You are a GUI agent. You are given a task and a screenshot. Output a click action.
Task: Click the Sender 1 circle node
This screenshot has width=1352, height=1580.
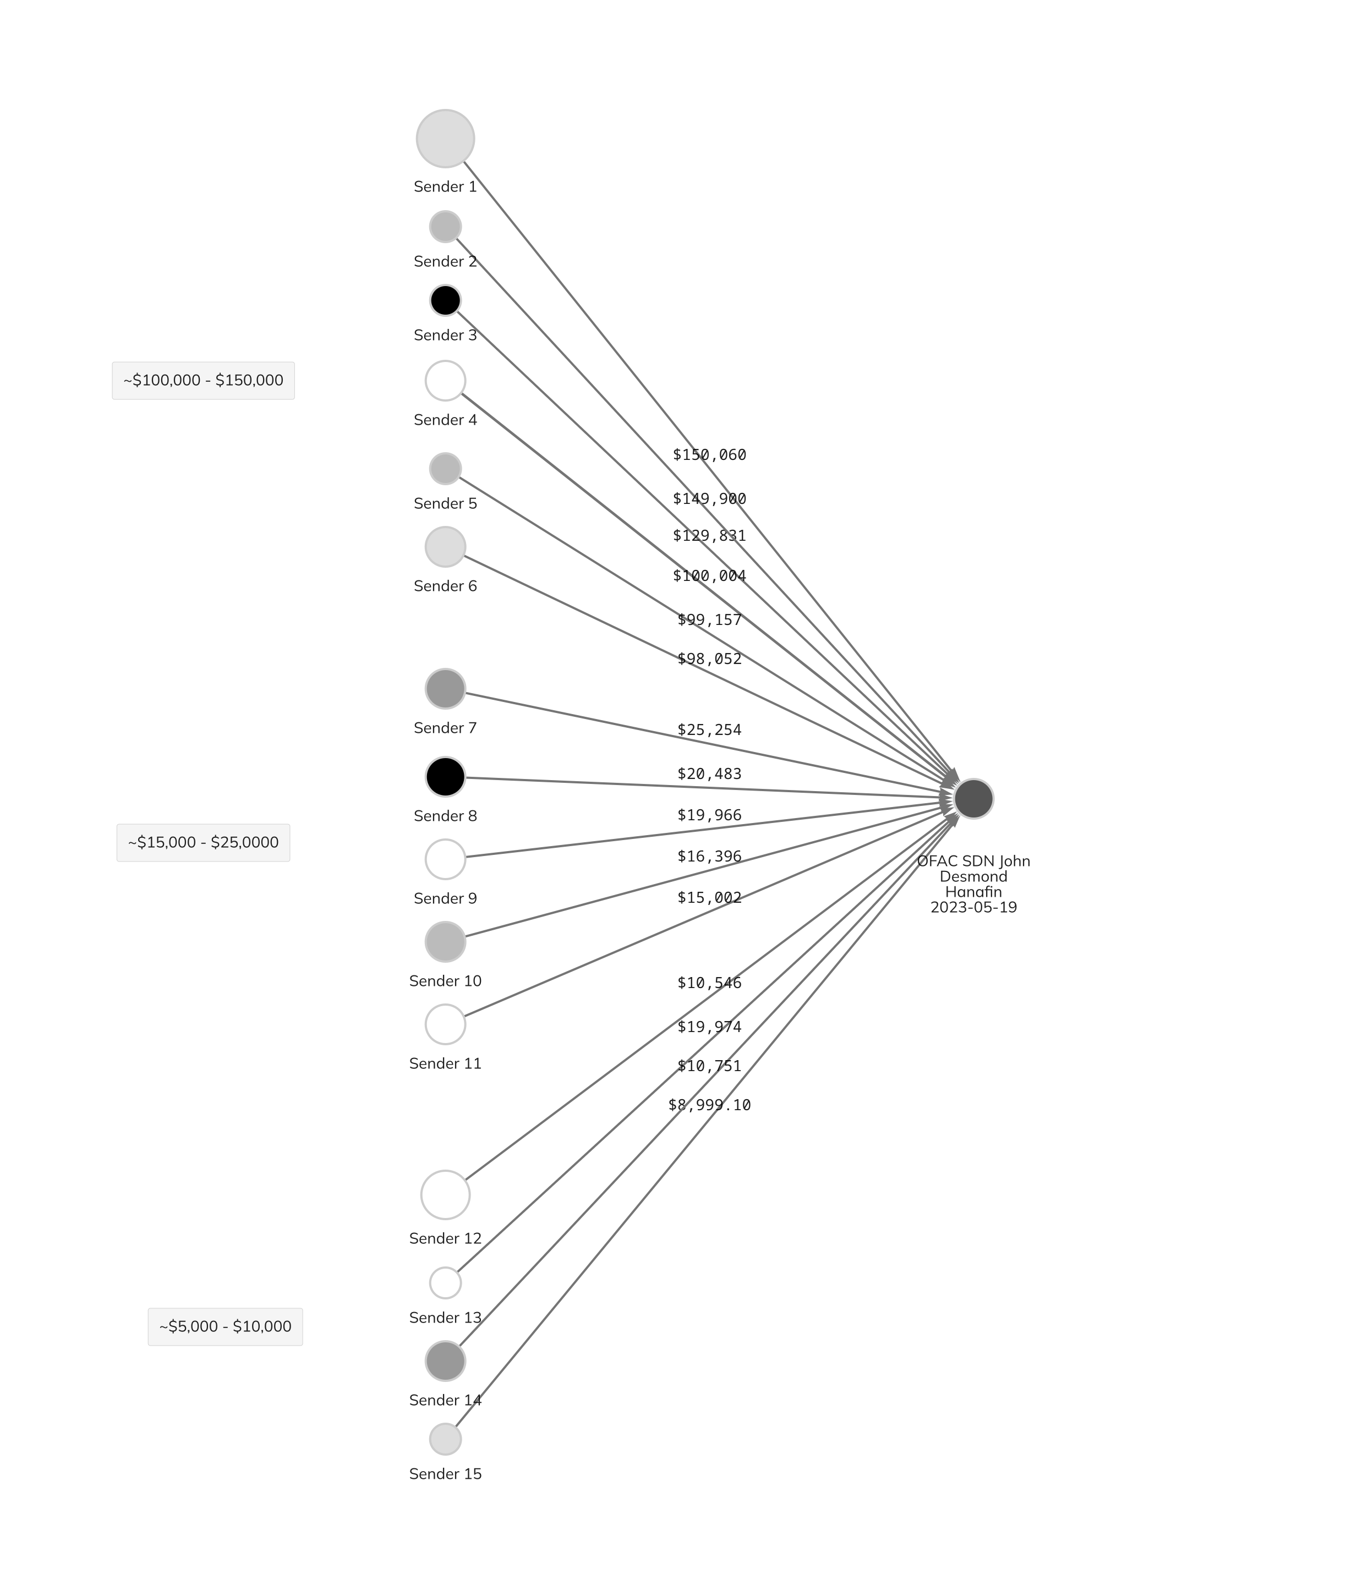coord(445,139)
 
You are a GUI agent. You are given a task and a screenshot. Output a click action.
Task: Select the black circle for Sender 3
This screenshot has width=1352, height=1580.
coord(445,300)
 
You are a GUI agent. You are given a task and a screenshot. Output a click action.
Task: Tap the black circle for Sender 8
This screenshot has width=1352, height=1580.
coord(445,777)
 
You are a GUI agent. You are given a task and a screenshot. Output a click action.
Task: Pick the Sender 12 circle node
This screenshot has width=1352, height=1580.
coord(445,1195)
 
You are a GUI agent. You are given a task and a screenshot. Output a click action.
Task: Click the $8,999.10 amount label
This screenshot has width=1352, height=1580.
coord(709,1105)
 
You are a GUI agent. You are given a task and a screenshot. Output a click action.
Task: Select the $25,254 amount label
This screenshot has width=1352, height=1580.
coord(709,729)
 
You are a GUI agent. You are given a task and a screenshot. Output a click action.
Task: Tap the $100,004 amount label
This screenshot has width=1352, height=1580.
coord(709,576)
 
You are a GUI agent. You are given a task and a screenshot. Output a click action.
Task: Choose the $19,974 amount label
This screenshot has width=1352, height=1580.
coord(709,1027)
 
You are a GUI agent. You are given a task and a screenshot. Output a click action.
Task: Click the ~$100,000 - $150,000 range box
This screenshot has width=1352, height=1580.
coord(204,381)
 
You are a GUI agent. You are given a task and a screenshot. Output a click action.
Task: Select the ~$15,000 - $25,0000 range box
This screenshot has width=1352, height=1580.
coord(204,843)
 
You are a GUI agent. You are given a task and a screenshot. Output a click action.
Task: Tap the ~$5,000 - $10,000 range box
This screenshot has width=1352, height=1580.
coord(225,1327)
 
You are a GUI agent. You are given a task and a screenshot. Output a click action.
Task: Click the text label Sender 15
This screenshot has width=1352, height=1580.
coord(445,1474)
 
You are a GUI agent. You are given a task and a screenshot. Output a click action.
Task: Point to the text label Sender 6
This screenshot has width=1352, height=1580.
coord(445,586)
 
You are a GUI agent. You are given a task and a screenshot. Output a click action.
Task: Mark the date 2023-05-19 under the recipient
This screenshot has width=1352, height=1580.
coord(974,907)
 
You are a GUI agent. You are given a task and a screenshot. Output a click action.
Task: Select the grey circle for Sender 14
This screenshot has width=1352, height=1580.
coord(445,1361)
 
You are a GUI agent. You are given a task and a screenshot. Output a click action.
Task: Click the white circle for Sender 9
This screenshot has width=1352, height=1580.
coord(445,859)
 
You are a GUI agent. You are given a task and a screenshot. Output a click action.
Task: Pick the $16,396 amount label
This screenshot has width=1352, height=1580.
coord(709,857)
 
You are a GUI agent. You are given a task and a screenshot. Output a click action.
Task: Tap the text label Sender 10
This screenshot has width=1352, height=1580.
coord(445,981)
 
